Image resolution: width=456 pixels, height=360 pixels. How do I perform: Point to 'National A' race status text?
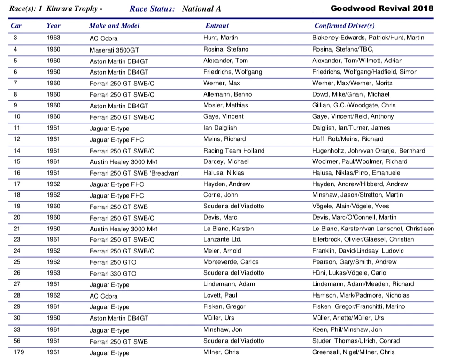tap(201, 9)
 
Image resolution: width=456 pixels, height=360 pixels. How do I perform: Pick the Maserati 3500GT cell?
tap(114, 50)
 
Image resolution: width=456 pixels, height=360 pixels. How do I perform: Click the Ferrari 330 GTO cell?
tap(113, 274)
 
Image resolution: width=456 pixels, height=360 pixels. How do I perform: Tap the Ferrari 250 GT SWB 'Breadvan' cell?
tap(134, 173)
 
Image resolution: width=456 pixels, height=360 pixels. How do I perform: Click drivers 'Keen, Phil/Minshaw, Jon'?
tap(347, 329)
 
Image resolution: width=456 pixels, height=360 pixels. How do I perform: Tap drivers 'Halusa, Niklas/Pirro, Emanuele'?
tap(357, 173)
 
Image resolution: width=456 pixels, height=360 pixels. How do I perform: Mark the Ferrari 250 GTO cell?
tap(113, 262)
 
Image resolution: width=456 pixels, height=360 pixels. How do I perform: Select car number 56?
tap(17, 341)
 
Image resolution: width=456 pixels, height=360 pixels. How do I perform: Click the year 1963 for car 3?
tap(53, 38)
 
